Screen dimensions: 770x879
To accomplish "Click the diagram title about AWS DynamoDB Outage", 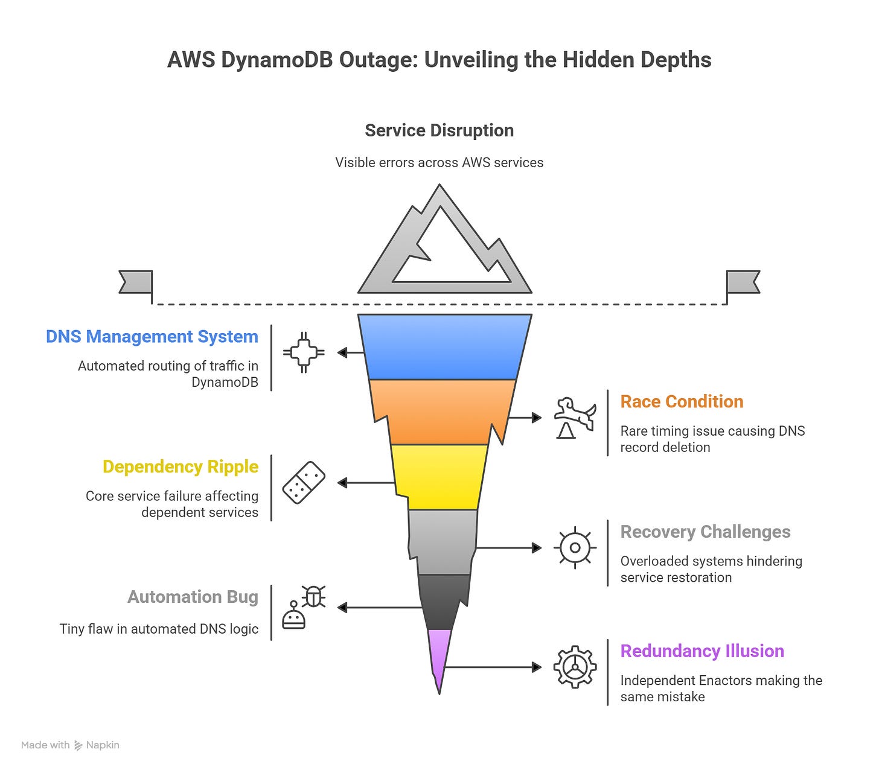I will tap(439, 60).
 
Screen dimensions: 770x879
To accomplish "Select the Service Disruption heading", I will tap(439, 130).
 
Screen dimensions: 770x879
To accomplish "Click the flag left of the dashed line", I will tap(136, 282).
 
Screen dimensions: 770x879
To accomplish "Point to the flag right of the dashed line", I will tap(743, 282).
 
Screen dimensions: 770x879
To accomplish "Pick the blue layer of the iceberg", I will tap(444, 346).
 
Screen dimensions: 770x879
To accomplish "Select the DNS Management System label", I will tap(152, 337).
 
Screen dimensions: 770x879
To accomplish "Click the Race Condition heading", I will tap(682, 402).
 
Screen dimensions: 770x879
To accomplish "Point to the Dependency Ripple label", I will tap(181, 467).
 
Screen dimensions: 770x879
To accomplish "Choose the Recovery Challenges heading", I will tap(705, 532).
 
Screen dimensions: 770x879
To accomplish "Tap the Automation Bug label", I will tap(193, 597).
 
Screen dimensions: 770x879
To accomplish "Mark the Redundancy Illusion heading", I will tap(702, 652).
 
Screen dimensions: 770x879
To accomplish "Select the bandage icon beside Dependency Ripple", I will tap(304, 482).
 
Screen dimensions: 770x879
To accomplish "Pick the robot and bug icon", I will tap(304, 607).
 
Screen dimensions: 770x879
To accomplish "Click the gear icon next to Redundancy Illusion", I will tap(575, 667).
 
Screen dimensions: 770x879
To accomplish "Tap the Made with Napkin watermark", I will tap(70, 745).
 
